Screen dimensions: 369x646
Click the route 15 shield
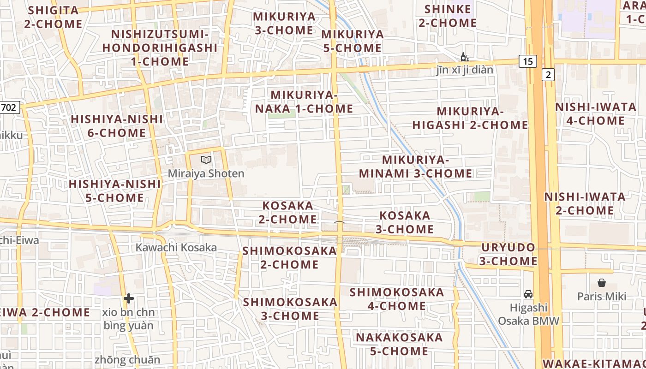tap(528, 61)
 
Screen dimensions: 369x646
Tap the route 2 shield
tap(548, 75)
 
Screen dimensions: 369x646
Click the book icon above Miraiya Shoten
tap(206, 160)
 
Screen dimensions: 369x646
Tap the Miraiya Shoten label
tap(206, 174)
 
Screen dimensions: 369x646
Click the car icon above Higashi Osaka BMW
tap(528, 294)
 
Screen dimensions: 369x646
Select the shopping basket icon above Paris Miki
tap(602, 283)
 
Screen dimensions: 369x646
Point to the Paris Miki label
tap(602, 296)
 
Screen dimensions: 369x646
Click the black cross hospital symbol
tap(129, 298)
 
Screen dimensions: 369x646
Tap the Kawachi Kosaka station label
tap(176, 248)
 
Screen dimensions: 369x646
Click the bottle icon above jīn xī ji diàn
tap(465, 57)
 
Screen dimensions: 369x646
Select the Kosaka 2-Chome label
tap(288, 212)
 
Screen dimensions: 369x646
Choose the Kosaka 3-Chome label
tap(405, 222)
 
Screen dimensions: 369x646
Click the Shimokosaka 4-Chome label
tap(396, 299)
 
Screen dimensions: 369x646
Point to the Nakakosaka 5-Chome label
tap(399, 344)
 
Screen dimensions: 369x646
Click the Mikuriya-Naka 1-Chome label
tap(304, 102)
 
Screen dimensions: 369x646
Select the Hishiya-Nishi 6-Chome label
tap(117, 126)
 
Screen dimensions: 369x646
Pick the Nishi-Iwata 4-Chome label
tap(596, 114)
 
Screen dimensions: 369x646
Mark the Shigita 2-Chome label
tap(54, 17)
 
